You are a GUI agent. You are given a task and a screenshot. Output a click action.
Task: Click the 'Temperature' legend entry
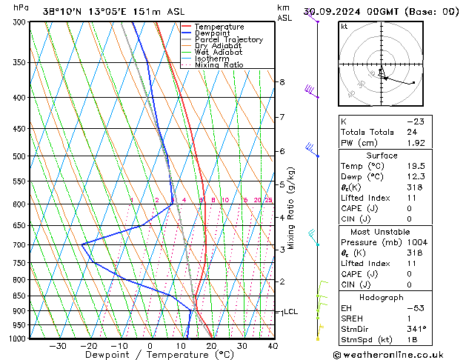[x=219, y=27]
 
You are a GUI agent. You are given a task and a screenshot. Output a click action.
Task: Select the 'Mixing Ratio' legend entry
[x=219, y=65]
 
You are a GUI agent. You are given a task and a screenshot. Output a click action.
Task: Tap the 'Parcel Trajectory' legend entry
[x=228, y=40]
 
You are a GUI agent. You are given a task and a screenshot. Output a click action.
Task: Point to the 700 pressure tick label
[x=20, y=244]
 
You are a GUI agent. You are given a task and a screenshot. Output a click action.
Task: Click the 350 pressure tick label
[x=20, y=62]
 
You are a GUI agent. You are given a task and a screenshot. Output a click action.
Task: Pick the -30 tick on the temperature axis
[x=58, y=346]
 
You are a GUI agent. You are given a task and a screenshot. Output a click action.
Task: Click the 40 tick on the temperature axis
[x=273, y=346]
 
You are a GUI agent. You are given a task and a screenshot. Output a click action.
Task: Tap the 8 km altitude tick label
[x=282, y=81]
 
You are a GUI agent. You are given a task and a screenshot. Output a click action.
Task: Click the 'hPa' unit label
[x=21, y=7]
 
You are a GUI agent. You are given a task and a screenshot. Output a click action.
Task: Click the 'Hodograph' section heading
[x=382, y=296]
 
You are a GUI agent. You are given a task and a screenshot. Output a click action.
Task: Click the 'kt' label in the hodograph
[x=344, y=27]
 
